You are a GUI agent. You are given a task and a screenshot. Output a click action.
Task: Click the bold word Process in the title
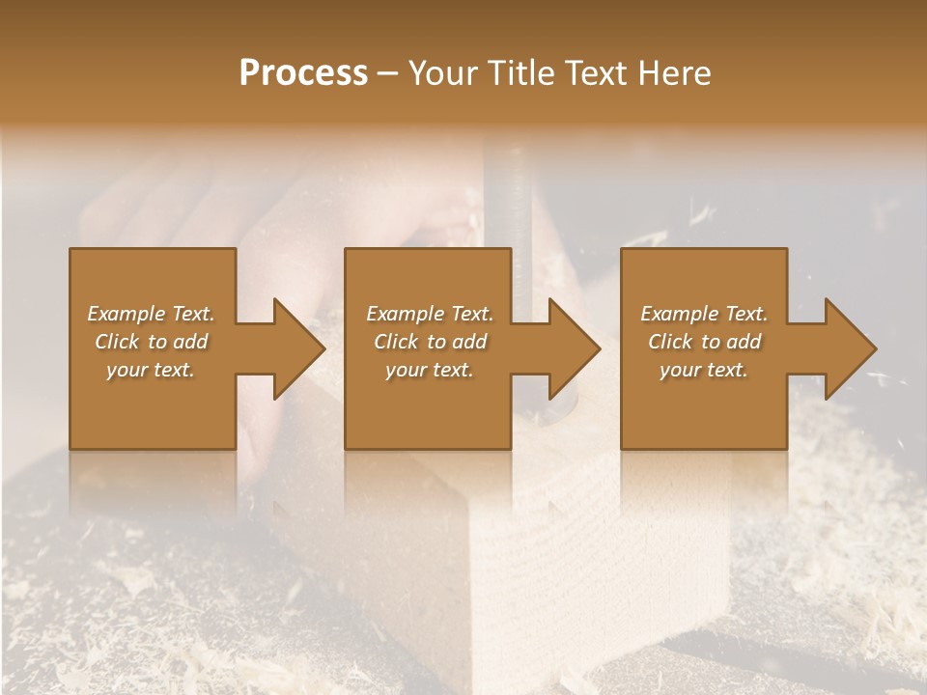point(303,72)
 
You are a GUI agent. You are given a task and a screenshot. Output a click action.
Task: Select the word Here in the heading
point(674,72)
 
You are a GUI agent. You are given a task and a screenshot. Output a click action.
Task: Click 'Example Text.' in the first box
point(151,314)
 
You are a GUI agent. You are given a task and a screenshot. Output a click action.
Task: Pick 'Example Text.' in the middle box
point(430,314)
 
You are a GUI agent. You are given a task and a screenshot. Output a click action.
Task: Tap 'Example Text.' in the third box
point(704,314)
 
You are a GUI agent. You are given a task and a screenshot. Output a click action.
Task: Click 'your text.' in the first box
point(151,370)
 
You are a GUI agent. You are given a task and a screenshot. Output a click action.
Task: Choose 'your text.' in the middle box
point(430,370)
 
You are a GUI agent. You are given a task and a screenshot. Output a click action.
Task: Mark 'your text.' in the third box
point(704,370)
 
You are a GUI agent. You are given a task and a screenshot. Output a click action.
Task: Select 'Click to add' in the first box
point(151,342)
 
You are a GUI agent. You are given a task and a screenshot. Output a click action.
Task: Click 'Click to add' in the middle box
point(430,342)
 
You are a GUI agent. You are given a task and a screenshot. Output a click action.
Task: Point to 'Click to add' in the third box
point(704,342)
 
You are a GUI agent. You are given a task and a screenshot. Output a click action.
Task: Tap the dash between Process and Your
point(387,73)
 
